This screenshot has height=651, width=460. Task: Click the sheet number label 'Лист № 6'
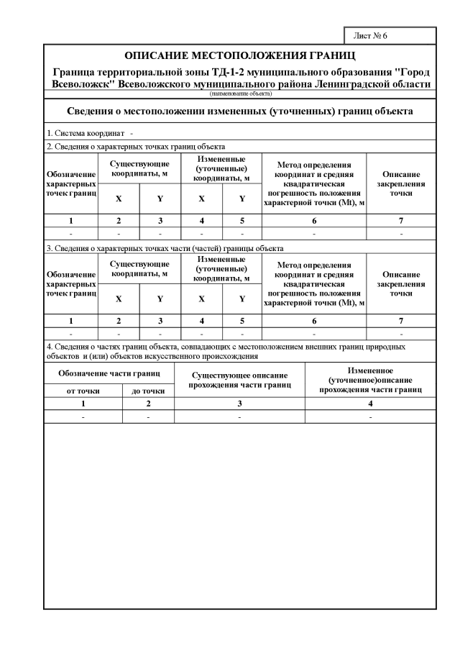[371, 35]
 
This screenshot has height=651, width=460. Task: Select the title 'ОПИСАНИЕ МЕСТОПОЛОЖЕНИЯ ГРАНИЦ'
[240, 55]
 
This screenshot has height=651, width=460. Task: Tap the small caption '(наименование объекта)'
[240, 94]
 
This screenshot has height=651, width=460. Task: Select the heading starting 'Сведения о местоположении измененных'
[240, 111]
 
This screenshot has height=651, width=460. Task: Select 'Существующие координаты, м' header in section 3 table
[139, 268]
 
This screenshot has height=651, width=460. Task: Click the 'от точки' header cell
[83, 391]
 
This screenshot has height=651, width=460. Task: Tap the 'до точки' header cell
[148, 391]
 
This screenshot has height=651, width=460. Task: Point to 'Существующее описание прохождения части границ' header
[239, 380]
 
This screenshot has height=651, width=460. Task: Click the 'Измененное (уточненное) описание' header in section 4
[370, 379]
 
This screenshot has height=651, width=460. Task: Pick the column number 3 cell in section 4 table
[239, 404]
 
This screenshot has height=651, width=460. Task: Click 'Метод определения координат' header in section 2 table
[314, 183]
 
